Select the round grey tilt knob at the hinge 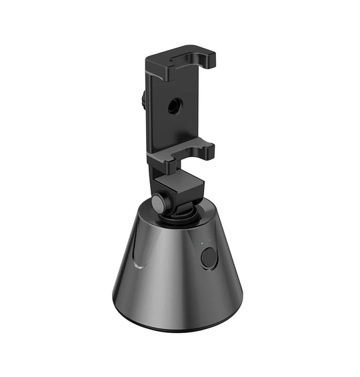coord(157,202)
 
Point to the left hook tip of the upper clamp coord(173,63)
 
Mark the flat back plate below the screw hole coord(175,130)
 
